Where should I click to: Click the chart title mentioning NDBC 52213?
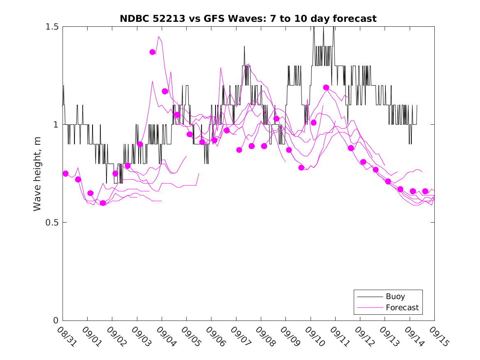coord(248,19)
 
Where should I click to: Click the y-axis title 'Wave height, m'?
coord(37,174)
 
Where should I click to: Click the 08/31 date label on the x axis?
coord(65,335)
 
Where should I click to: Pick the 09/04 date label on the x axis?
coord(165,335)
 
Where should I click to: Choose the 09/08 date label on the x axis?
coord(264,335)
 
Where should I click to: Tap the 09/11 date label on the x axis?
coord(338,335)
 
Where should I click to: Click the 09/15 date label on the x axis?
coord(437,335)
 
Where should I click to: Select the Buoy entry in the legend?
coord(395,297)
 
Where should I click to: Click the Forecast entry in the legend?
coord(402,307)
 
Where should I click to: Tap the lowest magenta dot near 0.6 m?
coord(103,203)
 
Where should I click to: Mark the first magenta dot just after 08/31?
coord(65,174)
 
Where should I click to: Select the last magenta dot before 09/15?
coord(425,191)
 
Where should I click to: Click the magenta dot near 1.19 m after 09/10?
coord(326,87)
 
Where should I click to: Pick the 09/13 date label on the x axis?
coord(388,335)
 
